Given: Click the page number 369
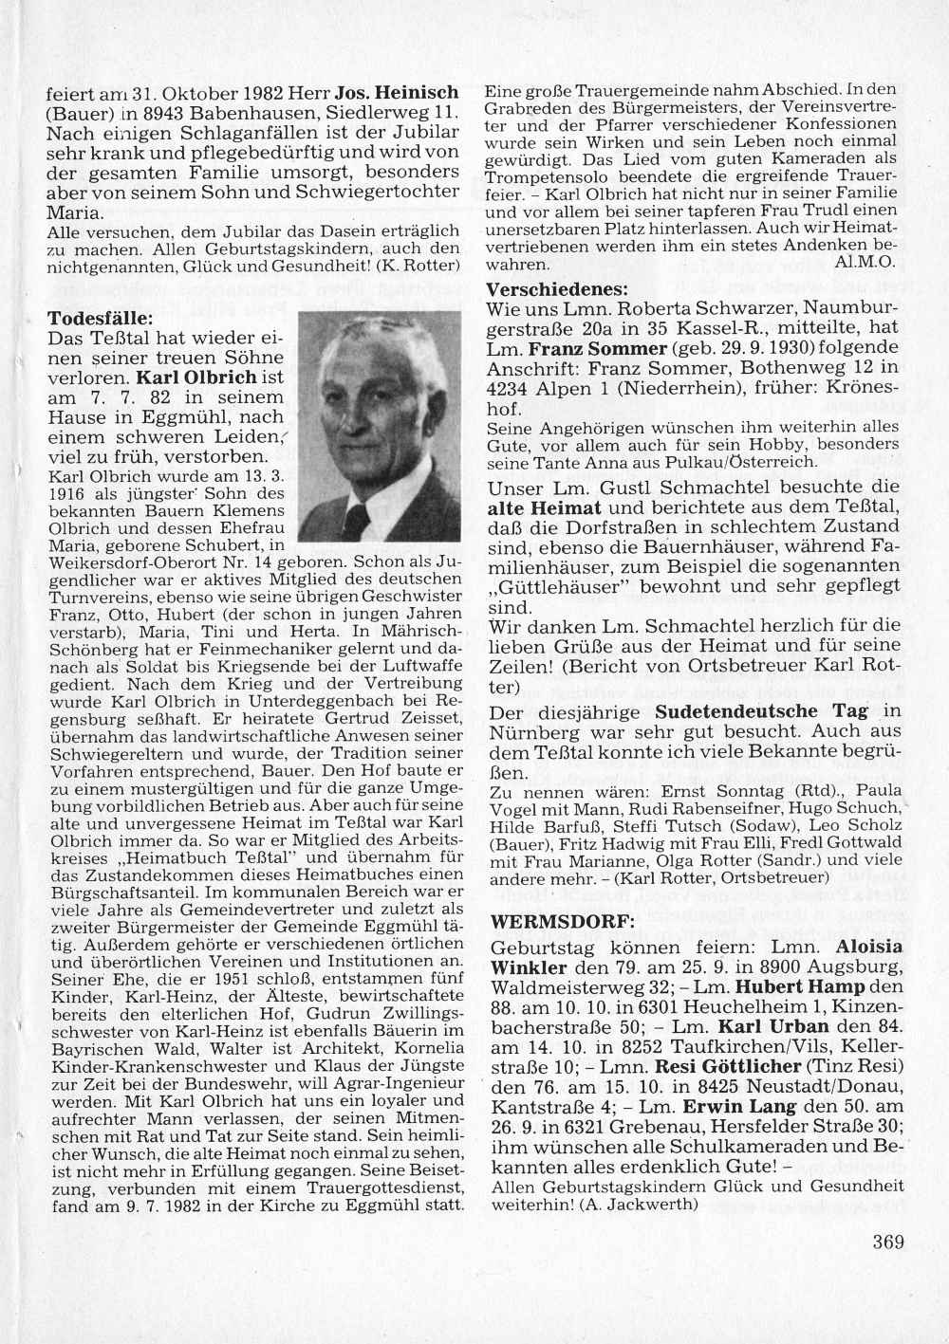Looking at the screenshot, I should coord(888,1242).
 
